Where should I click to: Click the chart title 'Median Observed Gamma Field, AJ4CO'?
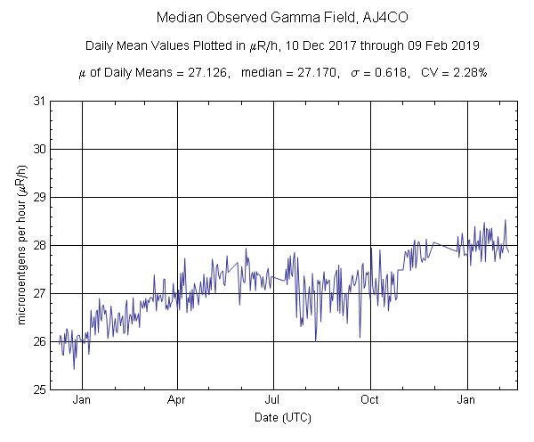coord(269,17)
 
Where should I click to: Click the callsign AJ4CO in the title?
coord(363,17)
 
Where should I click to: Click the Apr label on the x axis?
coord(177,399)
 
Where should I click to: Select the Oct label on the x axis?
coord(369,399)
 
